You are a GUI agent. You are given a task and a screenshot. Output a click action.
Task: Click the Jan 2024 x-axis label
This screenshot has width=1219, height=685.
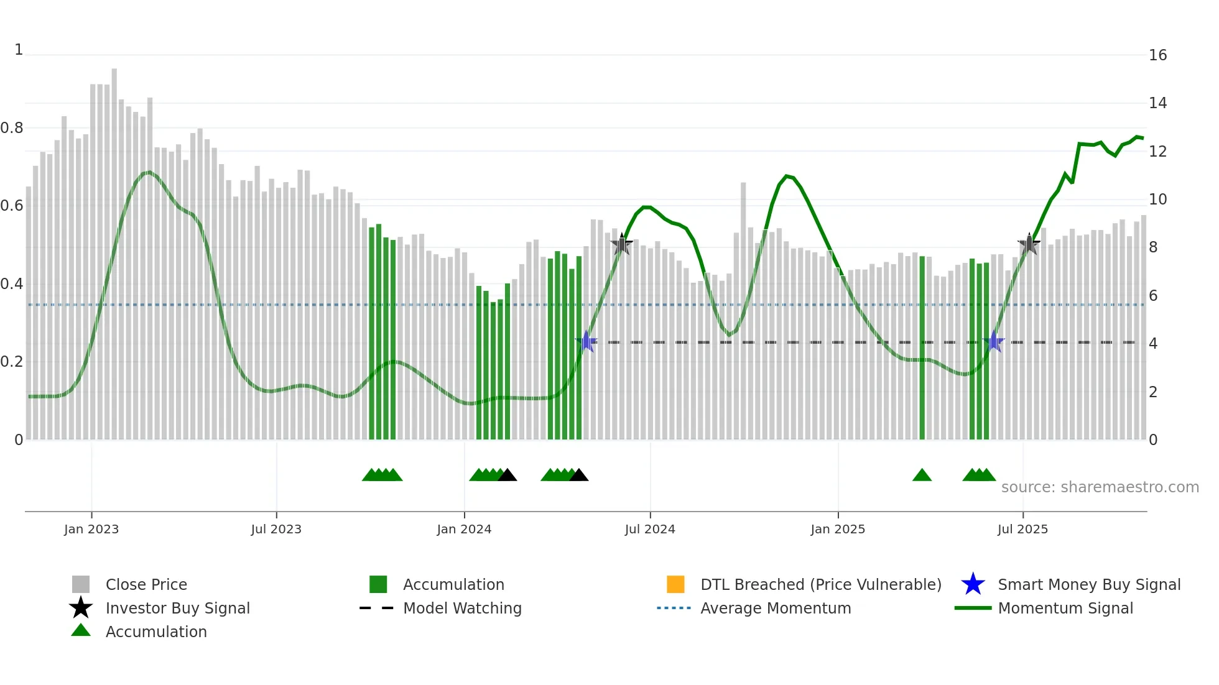click(x=464, y=529)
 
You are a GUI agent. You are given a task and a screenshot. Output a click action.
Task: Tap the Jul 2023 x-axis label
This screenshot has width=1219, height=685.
click(x=276, y=529)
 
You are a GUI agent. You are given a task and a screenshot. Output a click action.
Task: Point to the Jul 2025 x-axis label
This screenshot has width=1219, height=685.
click(x=1022, y=529)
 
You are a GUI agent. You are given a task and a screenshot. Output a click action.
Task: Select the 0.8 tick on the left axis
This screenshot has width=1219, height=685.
click(x=12, y=128)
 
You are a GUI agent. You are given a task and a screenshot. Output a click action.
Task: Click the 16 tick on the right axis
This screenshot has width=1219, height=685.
click(x=1157, y=55)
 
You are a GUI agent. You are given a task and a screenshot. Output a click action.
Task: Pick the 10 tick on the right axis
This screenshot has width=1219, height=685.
click(x=1157, y=200)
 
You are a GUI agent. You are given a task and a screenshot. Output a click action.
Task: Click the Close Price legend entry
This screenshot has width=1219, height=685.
click(x=146, y=584)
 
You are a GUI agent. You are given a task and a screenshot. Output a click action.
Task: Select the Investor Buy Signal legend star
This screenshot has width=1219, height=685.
click(x=81, y=608)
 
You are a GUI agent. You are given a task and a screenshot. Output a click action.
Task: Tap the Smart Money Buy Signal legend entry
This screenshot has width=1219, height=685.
click(x=1088, y=584)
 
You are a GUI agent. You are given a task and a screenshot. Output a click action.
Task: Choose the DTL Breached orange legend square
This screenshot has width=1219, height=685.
click(x=675, y=584)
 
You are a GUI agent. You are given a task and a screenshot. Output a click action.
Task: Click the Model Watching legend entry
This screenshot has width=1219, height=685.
click(x=462, y=608)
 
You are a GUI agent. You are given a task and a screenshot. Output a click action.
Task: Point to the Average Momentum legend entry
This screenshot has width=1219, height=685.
click(x=775, y=608)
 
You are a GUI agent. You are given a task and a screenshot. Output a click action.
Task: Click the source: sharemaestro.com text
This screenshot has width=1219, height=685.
click(x=1100, y=487)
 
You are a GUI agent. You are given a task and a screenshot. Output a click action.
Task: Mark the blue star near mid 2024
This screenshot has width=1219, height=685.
click(x=586, y=341)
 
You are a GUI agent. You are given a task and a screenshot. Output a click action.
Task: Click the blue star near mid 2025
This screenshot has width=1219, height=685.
click(x=994, y=341)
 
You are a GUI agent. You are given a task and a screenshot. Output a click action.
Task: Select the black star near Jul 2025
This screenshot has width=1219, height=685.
click(x=1029, y=244)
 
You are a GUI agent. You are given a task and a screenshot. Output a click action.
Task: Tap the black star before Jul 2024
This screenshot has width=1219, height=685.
click(x=622, y=244)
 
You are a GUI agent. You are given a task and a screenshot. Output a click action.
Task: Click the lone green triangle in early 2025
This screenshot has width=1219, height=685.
click(x=922, y=476)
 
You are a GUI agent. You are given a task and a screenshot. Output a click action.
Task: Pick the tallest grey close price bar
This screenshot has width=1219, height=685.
click(x=114, y=249)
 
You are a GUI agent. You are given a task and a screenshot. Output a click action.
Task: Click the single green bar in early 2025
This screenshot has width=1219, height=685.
click(x=922, y=348)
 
